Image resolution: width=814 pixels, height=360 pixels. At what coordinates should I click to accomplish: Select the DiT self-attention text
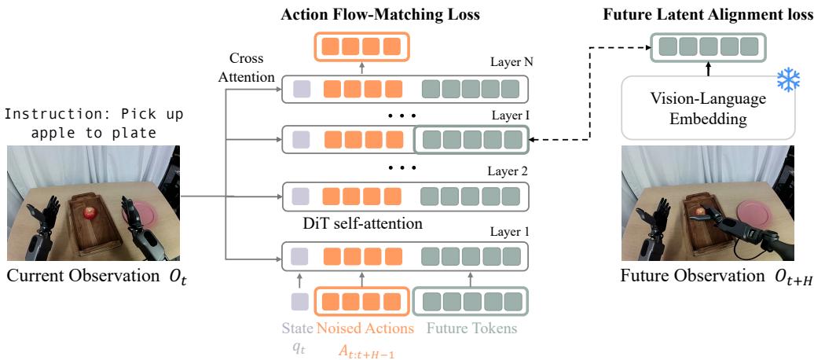(362, 224)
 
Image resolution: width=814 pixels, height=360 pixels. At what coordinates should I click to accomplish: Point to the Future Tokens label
(471, 329)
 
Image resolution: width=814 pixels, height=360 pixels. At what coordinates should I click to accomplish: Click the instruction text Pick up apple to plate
(93, 123)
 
